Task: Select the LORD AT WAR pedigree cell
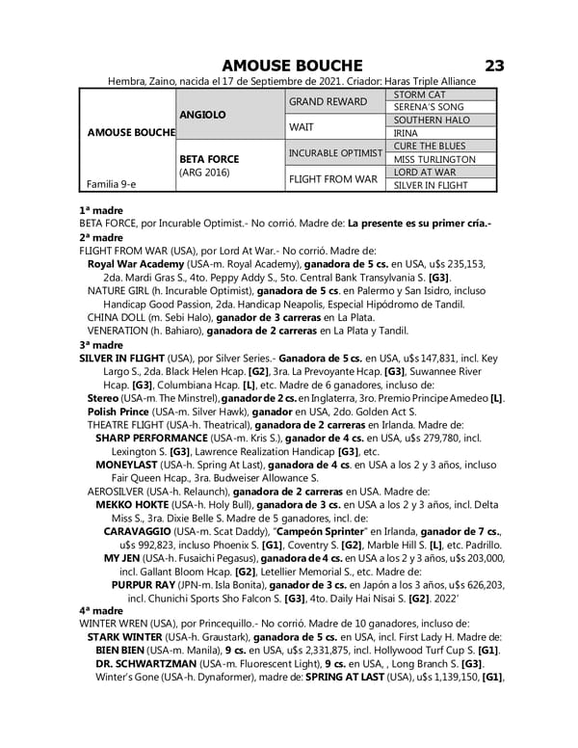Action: [x=424, y=172]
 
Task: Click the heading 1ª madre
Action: [x=98, y=209]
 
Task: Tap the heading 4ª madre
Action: [x=100, y=610]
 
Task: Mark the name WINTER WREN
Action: [x=114, y=624]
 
